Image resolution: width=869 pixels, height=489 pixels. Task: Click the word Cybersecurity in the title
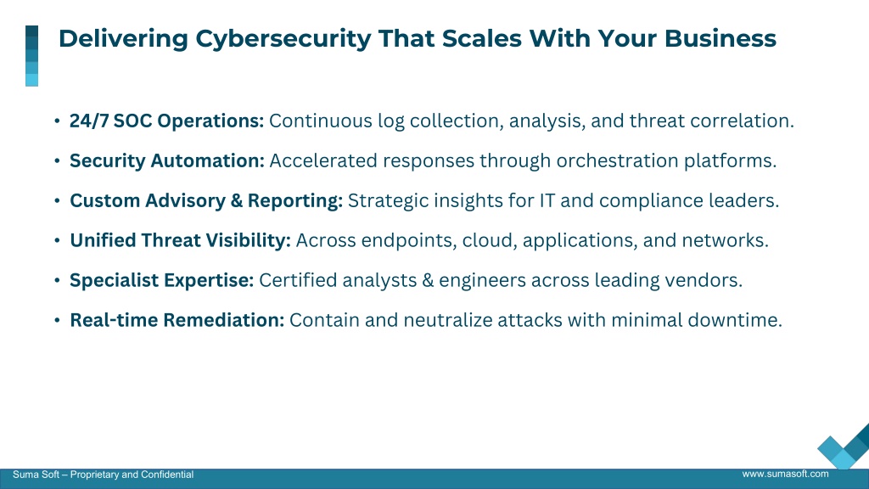pos(283,39)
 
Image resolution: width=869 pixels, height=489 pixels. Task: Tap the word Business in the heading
pos(720,38)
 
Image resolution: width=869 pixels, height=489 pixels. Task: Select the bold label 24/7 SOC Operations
pos(167,121)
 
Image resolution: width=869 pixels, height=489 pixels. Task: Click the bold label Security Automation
pos(167,160)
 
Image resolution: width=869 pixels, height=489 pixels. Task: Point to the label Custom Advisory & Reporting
pos(206,200)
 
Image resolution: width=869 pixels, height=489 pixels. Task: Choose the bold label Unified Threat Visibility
pos(180,240)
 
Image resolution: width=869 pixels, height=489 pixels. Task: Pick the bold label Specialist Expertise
pos(162,280)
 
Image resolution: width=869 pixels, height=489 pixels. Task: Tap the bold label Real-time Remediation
pos(177,320)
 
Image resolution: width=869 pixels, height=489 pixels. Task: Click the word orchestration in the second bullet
pos(618,160)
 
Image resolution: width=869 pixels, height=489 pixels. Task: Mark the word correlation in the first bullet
pos(742,121)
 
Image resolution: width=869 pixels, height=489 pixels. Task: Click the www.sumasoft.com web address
pos(785,474)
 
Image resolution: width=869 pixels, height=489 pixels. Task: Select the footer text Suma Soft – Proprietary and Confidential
pos(103,475)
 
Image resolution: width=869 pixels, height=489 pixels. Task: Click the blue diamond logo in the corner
pos(844,447)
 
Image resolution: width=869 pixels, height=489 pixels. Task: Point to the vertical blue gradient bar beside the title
pos(31,56)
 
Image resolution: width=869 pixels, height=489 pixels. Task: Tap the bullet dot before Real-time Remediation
pos(57,320)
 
